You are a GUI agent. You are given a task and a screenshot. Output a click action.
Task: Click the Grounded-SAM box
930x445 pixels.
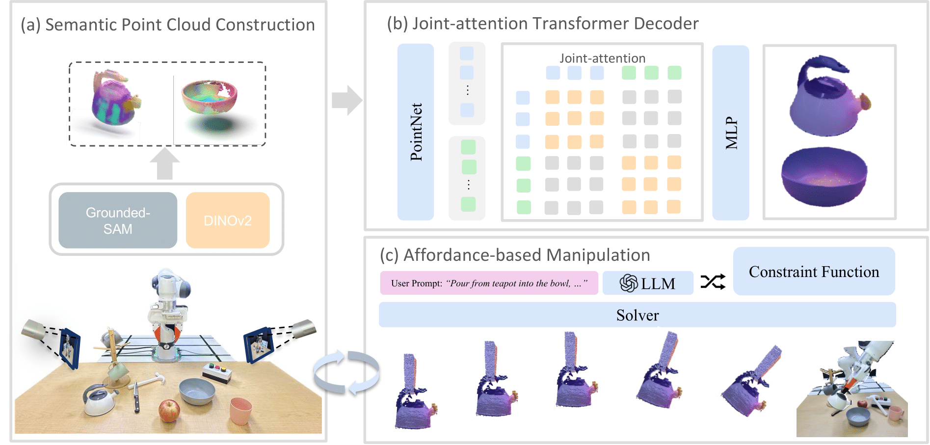point(118,221)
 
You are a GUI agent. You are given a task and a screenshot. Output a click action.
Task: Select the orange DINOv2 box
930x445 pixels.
point(228,221)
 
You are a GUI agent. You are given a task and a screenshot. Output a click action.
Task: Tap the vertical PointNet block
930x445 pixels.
point(415,132)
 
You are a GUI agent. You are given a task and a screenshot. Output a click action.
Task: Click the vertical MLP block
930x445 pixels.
point(730,133)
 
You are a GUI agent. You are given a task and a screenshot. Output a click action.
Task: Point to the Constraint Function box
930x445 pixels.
point(814,272)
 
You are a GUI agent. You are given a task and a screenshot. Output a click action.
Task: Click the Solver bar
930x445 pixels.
point(637,315)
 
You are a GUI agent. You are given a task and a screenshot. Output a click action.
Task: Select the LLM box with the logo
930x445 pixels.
point(647,283)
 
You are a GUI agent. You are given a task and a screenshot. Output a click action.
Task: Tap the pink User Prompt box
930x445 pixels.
point(489,283)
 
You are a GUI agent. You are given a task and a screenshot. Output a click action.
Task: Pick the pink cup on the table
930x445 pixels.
point(240,411)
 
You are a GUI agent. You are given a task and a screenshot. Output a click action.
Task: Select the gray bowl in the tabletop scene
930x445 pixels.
point(197,391)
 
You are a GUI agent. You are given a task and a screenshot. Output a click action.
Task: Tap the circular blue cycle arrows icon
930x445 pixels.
point(346,372)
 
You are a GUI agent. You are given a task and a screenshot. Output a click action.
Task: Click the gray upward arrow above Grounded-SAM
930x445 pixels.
point(164,164)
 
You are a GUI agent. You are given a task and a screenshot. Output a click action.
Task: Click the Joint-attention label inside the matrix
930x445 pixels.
point(602,58)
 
